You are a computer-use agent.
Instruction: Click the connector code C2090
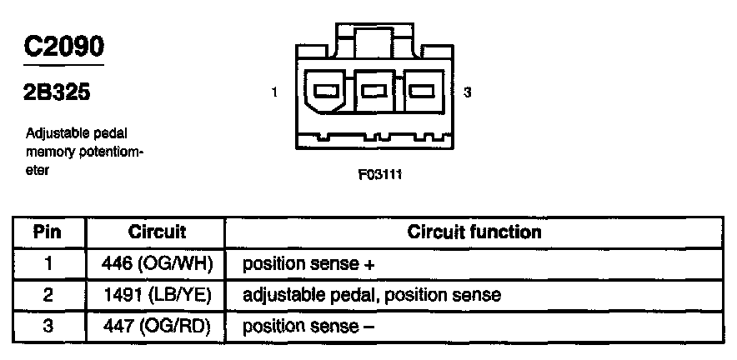pyautogui.click(x=63, y=47)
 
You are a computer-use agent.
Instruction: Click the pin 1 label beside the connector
pyautogui.click(x=274, y=93)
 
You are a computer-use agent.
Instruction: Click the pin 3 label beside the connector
pyautogui.click(x=468, y=93)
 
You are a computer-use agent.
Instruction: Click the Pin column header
pyautogui.click(x=48, y=232)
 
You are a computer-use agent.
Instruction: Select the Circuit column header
pyautogui.click(x=157, y=232)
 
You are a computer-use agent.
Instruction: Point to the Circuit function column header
pyautogui.click(x=474, y=232)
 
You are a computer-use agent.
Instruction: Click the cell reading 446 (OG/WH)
pyautogui.click(x=158, y=264)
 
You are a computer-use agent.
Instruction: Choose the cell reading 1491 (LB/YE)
pyautogui.click(x=158, y=295)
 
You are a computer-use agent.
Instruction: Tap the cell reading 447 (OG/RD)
pyautogui.click(x=158, y=326)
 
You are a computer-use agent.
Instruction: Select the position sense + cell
pyautogui.click(x=308, y=264)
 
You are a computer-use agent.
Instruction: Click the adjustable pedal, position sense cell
pyautogui.click(x=371, y=295)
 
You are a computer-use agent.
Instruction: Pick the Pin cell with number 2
pyautogui.click(x=48, y=295)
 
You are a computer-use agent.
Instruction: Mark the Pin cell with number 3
pyautogui.click(x=48, y=326)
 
